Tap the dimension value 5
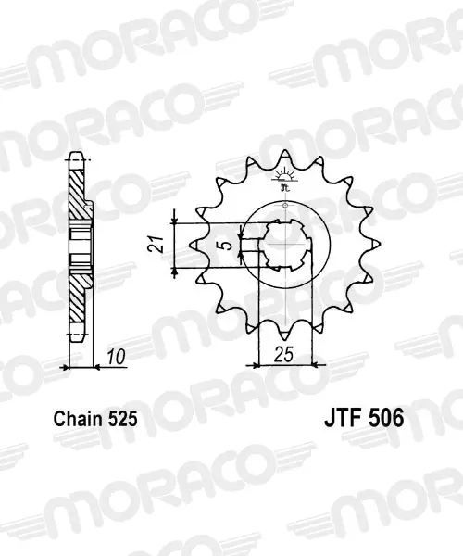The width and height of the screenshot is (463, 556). pos(228,245)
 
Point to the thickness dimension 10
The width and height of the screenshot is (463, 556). pos(116,357)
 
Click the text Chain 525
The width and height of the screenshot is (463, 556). pos(95,419)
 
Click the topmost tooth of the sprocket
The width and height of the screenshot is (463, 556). pos(285,158)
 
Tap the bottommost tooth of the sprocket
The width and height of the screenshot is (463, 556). pos(285,332)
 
